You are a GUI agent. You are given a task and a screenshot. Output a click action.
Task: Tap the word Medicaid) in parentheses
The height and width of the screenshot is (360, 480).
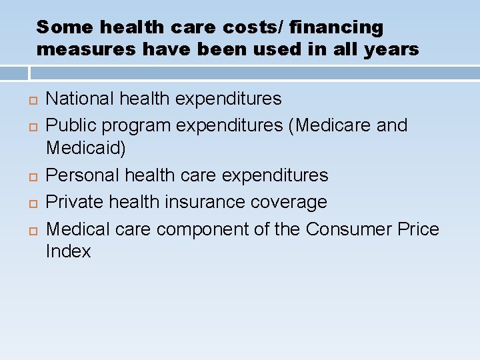[x=85, y=148]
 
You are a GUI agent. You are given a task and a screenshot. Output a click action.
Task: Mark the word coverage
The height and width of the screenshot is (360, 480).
[x=296, y=202]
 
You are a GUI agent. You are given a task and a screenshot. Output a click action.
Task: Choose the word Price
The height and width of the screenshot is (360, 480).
[x=417, y=229]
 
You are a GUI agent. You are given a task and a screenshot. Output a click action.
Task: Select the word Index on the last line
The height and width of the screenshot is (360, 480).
[x=68, y=251]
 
